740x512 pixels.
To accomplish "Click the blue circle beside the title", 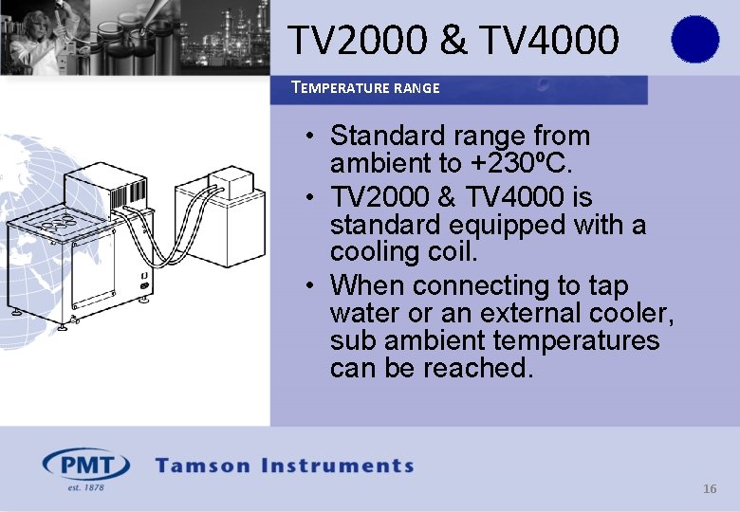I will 694,39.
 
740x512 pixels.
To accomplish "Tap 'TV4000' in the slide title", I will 549,40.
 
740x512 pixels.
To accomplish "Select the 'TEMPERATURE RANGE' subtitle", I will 365,88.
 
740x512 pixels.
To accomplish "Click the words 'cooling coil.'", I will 404,252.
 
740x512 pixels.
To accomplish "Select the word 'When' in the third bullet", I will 368,285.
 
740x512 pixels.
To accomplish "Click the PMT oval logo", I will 86,466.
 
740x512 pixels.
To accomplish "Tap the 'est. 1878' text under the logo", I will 84,487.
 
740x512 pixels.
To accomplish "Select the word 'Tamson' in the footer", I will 203,466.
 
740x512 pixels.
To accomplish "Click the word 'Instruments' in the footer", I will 338,466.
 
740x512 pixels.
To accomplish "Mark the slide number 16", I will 710,489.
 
